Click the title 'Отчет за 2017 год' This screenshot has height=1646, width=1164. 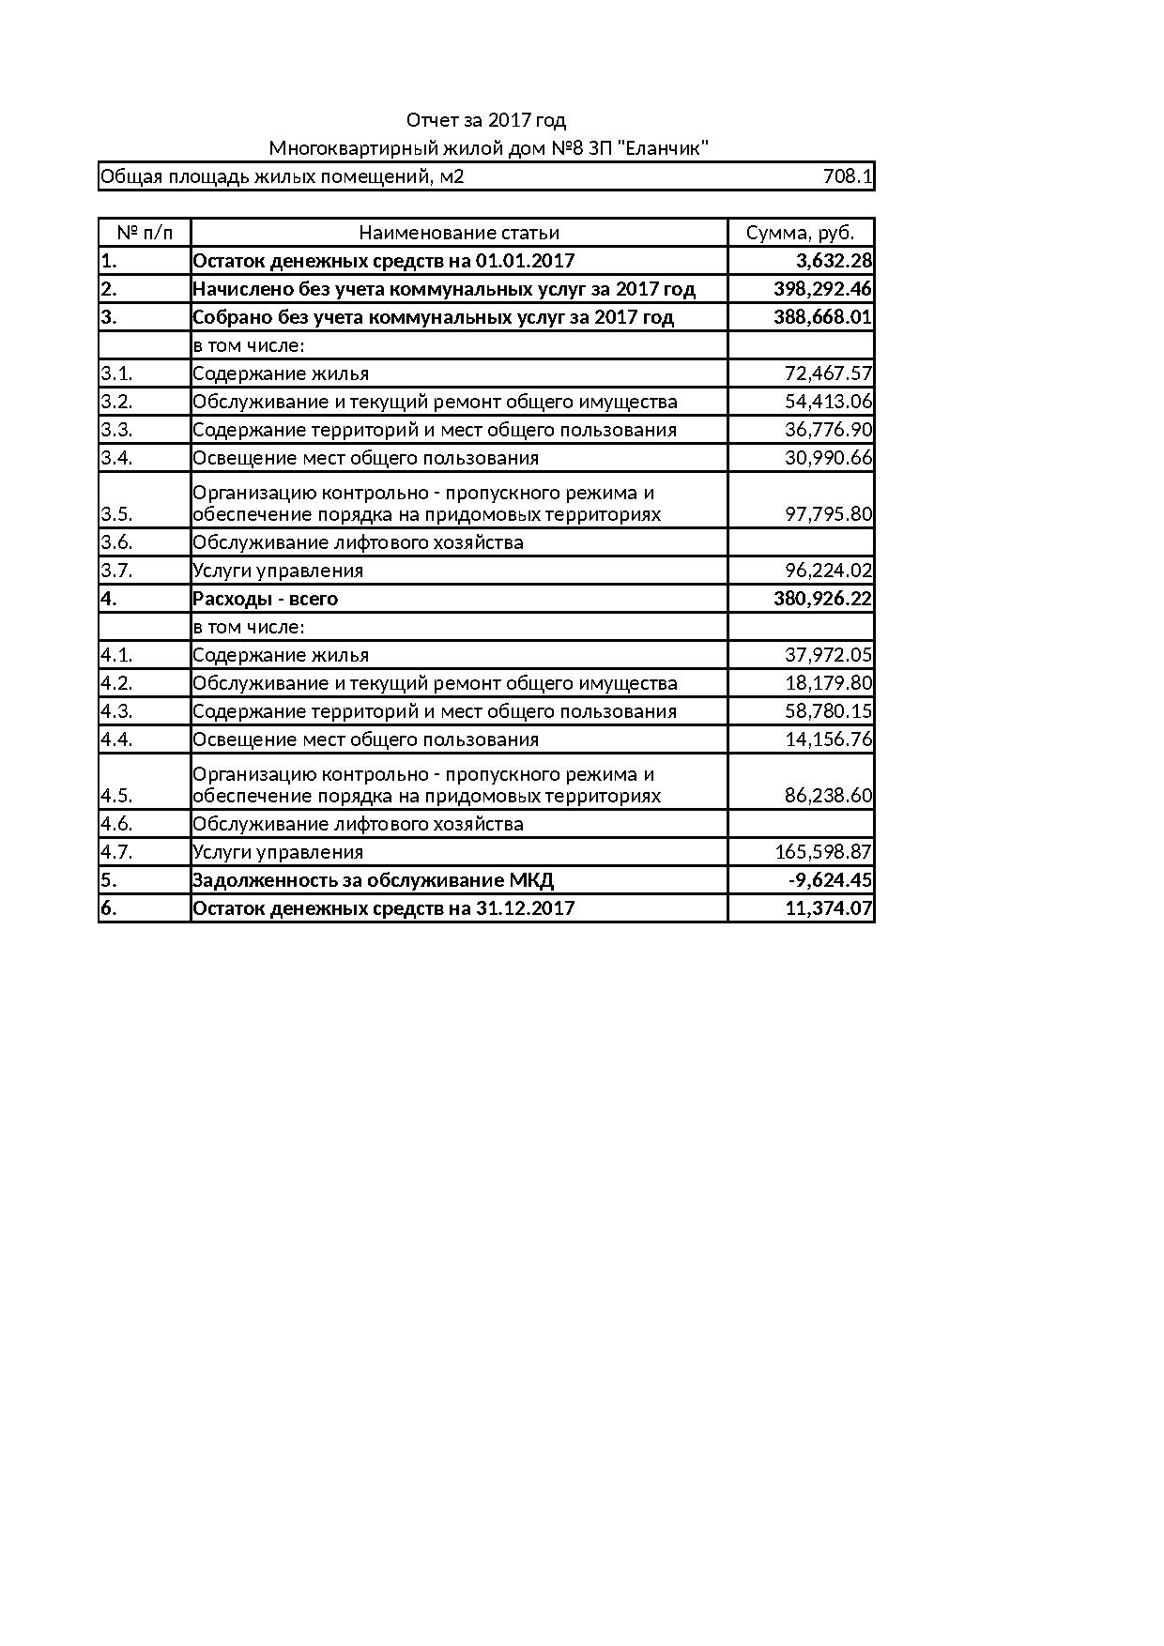click(485, 120)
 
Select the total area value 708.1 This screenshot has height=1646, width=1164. click(847, 176)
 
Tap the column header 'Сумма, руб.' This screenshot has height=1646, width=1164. click(800, 233)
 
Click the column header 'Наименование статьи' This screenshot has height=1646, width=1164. click(459, 233)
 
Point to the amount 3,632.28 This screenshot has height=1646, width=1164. click(828, 261)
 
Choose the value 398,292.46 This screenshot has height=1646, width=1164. click(822, 289)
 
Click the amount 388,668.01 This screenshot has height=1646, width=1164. click(822, 317)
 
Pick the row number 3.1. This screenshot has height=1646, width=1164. click(116, 373)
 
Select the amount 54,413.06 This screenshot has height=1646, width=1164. click(828, 402)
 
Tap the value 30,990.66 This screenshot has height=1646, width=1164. click(828, 458)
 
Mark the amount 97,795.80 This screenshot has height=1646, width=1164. click(828, 514)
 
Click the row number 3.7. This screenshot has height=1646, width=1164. click(116, 571)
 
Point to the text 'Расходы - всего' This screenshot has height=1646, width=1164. click(265, 599)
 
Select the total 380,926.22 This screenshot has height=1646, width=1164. click(822, 599)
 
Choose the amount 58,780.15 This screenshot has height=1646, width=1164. click(828, 711)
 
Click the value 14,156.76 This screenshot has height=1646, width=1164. click(828, 739)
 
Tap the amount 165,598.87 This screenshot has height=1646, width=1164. click(823, 852)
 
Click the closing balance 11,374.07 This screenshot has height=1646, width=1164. click(828, 908)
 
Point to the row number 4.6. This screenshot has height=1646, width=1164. click(116, 824)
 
